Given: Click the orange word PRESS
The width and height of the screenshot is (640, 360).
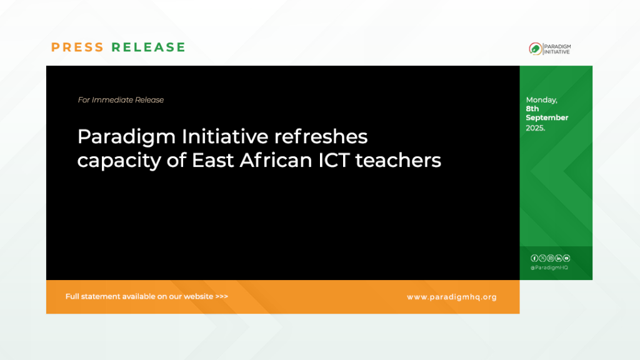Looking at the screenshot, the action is pyautogui.click(x=77, y=47).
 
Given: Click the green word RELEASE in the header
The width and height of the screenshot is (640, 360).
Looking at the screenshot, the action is pyautogui.click(x=149, y=47).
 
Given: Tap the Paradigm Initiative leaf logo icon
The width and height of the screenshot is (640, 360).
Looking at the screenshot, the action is pyautogui.click(x=536, y=49).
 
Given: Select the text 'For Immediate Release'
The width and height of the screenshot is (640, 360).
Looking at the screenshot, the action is pyautogui.click(x=121, y=100).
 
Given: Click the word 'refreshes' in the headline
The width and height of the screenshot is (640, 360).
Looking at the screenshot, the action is pyautogui.click(x=321, y=136).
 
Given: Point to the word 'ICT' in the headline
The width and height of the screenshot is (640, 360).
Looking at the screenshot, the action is pyautogui.click(x=334, y=160).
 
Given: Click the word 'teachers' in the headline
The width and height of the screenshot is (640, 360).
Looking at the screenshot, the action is pyautogui.click(x=398, y=160).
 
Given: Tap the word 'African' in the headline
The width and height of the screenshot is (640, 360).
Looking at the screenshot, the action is pyautogui.click(x=276, y=160).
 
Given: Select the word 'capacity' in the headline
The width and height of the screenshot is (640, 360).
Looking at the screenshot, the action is pyautogui.click(x=119, y=161).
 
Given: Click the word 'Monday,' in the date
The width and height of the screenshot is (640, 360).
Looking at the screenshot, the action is pyautogui.click(x=542, y=100).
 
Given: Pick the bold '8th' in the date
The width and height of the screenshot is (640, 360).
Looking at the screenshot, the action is pyautogui.click(x=532, y=109).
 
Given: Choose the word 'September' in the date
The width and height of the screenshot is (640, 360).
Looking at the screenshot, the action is pyautogui.click(x=547, y=118).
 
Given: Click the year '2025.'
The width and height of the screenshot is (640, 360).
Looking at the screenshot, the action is pyautogui.click(x=536, y=128).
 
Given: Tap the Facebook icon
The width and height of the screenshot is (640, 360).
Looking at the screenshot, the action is pyautogui.click(x=534, y=258).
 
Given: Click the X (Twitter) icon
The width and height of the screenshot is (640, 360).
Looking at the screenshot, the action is pyautogui.click(x=542, y=258).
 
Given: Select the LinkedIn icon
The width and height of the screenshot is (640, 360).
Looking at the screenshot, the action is pyautogui.click(x=558, y=258).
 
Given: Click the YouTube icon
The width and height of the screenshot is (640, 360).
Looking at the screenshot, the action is pyautogui.click(x=566, y=258).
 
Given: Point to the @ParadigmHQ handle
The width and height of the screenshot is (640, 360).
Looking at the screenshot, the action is pyautogui.click(x=549, y=267).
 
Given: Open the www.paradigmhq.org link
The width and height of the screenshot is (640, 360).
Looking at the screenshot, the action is pyautogui.click(x=452, y=297).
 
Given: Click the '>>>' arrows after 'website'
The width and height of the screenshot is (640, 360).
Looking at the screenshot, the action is pyautogui.click(x=222, y=296).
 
